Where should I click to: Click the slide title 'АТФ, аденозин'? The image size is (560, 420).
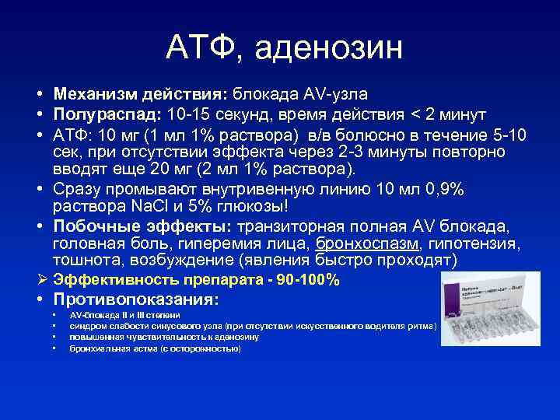(285, 48)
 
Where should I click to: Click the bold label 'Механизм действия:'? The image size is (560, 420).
(139, 94)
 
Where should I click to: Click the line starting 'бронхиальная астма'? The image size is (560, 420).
(155, 349)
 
